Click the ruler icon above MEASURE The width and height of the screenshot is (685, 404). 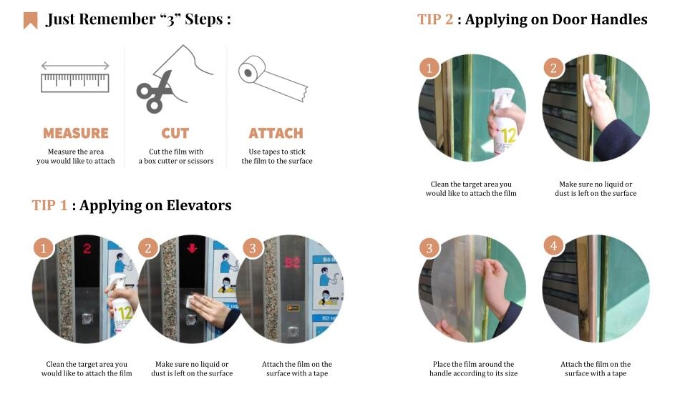coord(74,78)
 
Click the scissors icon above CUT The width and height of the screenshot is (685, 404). coord(155,92)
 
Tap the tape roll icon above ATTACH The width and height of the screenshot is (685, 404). coord(273,78)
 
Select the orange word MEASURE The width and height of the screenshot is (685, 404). coord(76,133)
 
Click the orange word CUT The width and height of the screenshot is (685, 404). coord(175,133)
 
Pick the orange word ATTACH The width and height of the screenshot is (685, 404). coord(276,133)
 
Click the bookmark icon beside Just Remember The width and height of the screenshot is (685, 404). coord(30,21)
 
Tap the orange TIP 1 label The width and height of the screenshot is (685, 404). coord(49,205)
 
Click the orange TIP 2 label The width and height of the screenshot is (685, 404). coord(435,19)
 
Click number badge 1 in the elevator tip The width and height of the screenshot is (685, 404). coord(43,248)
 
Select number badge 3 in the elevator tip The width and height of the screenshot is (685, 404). coord(253,248)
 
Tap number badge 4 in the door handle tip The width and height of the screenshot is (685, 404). coord(553,246)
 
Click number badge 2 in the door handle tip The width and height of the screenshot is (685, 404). coord(553,68)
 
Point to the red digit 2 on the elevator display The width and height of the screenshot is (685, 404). coord(87,249)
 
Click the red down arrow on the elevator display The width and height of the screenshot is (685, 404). coord(192,248)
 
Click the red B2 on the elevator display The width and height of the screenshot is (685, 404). coord(292,262)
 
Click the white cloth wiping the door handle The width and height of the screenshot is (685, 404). coord(593,89)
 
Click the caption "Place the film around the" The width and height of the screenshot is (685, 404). coord(474,364)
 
